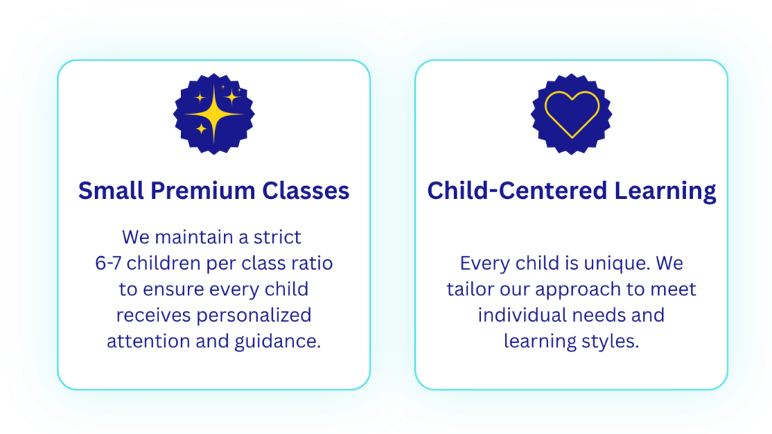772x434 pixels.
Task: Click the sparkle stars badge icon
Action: [x=213, y=115]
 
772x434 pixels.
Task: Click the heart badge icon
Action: [x=571, y=115]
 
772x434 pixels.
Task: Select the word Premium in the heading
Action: [x=202, y=191]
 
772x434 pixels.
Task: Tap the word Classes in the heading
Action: [x=306, y=191]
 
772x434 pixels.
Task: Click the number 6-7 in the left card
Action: [x=108, y=263]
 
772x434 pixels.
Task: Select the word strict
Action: [x=277, y=237]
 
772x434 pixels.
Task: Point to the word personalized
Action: [x=254, y=316]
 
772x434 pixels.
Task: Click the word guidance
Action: [x=277, y=342]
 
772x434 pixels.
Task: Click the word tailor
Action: [x=470, y=289]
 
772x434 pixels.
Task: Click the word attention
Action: [x=148, y=341]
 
